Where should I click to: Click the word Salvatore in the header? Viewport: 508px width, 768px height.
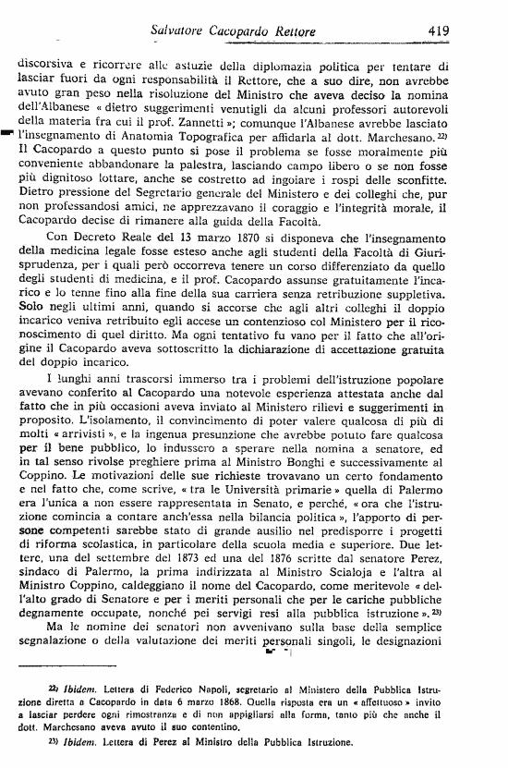tap(181, 30)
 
